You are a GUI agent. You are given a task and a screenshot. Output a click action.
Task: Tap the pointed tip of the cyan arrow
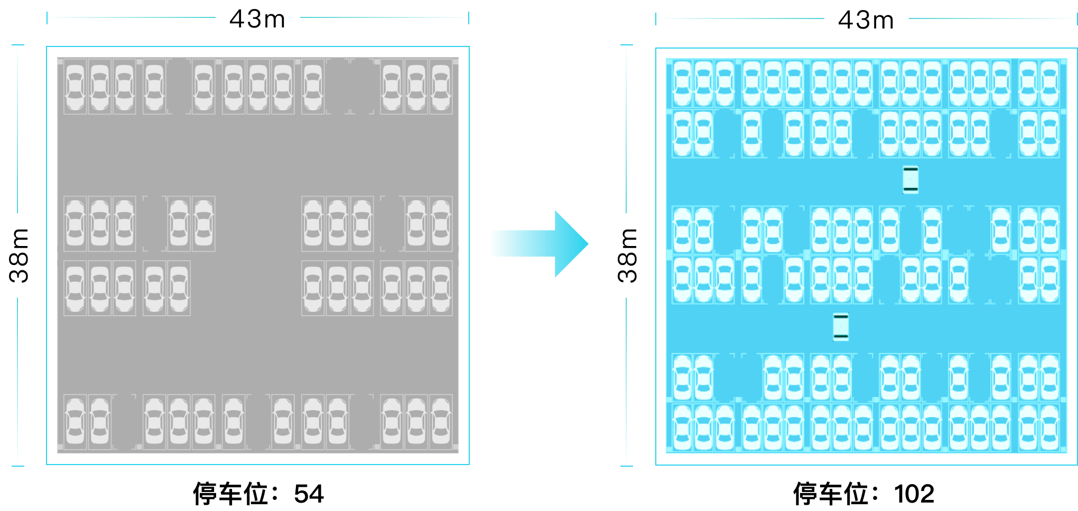(587, 244)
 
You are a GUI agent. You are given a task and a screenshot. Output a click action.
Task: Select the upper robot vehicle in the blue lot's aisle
(910, 179)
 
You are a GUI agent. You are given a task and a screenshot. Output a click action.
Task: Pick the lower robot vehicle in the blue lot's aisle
(841, 327)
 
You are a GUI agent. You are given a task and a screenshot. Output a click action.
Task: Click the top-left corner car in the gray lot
(75, 87)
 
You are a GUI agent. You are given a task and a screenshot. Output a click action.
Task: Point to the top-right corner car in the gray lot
(441, 87)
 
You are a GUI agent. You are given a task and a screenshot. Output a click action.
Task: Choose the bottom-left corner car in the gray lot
(75, 421)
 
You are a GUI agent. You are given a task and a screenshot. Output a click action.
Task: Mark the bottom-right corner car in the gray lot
(441, 421)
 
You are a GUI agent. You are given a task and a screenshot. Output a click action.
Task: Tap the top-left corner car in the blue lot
(682, 83)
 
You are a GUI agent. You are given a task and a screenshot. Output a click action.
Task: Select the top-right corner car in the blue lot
(1049, 83)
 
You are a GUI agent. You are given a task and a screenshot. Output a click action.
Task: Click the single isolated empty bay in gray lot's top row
(179, 87)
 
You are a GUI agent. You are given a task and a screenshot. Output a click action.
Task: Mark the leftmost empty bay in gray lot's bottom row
(124, 421)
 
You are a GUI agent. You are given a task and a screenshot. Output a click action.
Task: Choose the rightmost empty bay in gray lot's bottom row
(362, 421)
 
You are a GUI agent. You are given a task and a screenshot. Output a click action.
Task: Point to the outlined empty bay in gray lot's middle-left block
(154, 224)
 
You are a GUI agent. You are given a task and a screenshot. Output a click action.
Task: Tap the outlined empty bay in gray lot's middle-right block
(392, 224)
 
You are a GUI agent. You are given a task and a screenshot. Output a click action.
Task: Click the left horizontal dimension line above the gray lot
(132, 17)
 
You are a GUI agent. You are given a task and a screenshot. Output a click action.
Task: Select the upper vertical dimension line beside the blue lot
(627, 129)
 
